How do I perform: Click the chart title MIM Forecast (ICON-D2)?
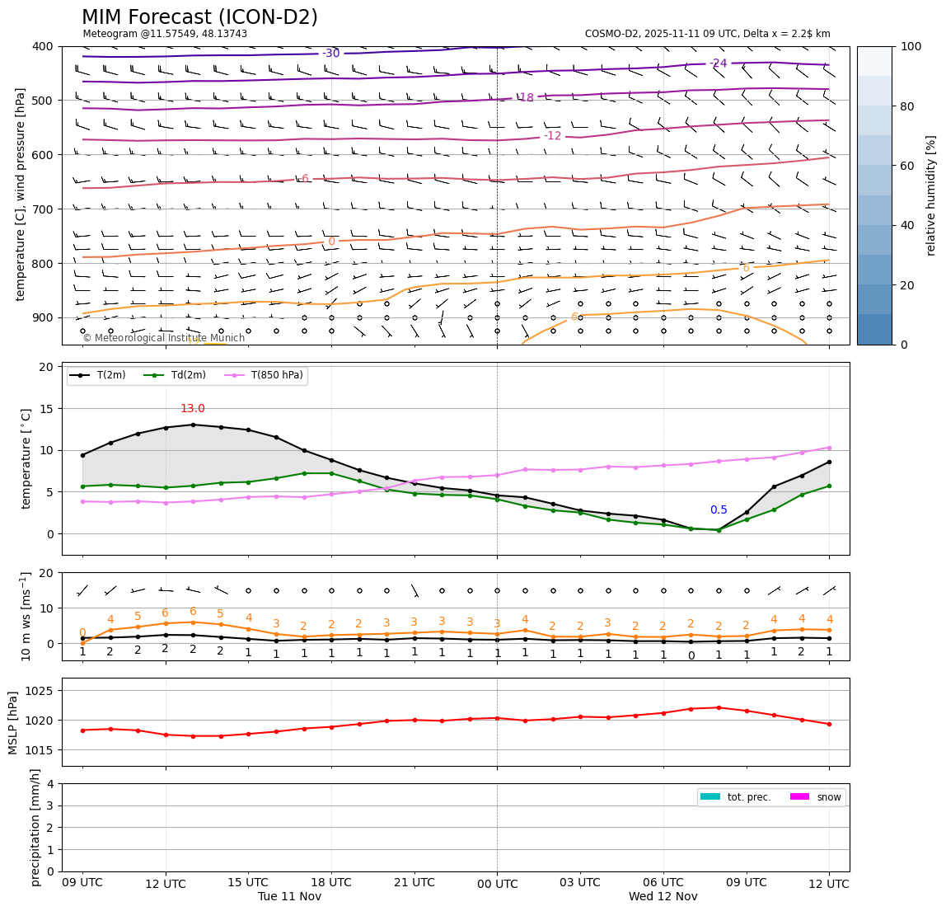tap(199, 17)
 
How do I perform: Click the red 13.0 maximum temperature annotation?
tap(192, 409)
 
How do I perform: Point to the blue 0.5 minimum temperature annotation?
tap(719, 510)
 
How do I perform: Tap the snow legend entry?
tap(829, 797)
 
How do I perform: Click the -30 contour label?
tap(330, 54)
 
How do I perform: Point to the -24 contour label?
tap(719, 63)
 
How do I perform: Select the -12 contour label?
tap(552, 136)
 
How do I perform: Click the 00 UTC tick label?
tap(497, 884)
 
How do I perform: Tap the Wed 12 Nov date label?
tap(663, 896)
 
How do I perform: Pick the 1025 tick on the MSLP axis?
tap(40, 691)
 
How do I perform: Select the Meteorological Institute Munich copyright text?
tap(164, 338)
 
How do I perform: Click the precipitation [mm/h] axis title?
tap(35, 827)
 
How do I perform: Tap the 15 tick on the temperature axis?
tap(47, 409)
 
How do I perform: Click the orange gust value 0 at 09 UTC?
tap(82, 632)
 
